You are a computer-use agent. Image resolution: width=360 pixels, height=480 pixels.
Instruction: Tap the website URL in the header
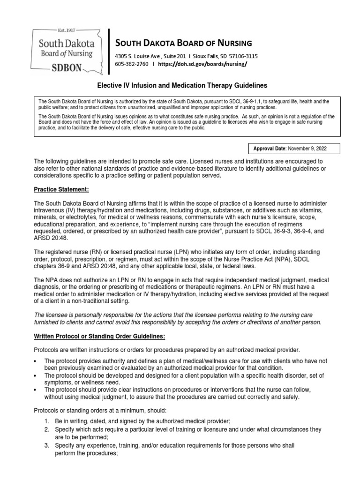202,64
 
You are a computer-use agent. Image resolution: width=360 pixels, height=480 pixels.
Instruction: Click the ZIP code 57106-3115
240,56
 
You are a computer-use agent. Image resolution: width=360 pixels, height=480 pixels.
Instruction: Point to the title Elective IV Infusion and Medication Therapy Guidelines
182,86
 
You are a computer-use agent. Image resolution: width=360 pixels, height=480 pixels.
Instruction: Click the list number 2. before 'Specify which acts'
47,429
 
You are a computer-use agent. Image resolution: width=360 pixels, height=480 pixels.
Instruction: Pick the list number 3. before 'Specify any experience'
47,445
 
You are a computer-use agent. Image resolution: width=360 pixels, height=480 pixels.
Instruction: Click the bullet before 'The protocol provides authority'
36,360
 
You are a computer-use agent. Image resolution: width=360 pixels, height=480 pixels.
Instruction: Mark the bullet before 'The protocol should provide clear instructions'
36,390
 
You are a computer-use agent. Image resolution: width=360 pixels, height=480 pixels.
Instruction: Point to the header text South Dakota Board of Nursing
183,43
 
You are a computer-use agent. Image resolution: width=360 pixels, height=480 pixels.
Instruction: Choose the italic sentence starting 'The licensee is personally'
178,319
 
